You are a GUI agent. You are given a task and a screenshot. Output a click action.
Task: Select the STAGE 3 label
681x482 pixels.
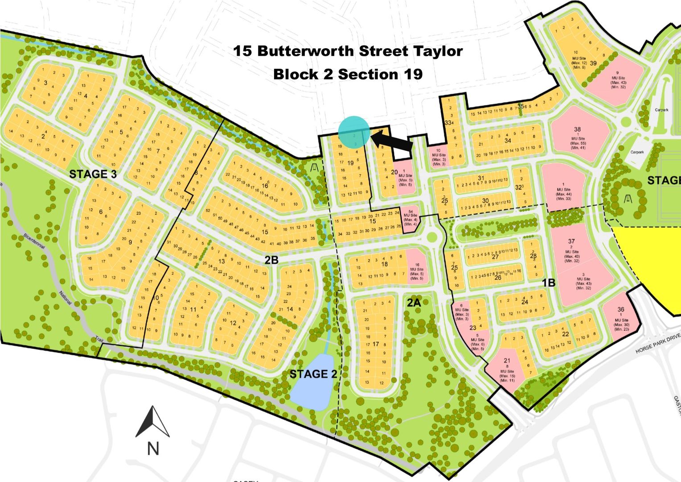tap(93, 174)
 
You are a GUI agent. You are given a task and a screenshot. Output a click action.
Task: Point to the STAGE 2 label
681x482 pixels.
tap(313, 374)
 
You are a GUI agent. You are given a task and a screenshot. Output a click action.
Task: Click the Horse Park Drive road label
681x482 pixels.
tap(658, 343)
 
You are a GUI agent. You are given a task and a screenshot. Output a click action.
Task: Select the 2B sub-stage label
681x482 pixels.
tap(271, 260)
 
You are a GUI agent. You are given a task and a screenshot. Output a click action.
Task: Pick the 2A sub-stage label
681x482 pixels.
tap(414, 303)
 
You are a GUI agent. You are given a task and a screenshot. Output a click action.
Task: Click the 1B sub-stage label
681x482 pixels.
tap(548, 283)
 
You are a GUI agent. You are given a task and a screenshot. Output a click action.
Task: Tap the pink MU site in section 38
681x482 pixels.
tap(578, 134)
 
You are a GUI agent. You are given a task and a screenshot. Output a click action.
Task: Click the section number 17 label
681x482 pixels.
tap(376, 344)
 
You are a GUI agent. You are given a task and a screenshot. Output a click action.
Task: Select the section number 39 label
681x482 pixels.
tap(593, 63)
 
